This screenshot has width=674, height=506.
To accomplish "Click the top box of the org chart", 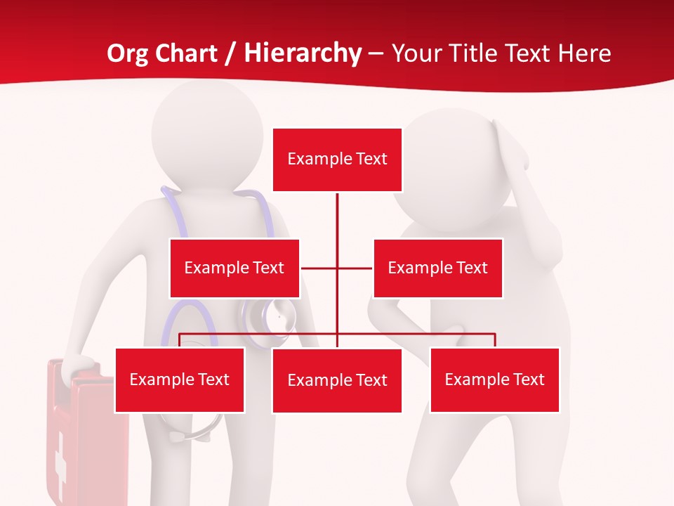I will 337,160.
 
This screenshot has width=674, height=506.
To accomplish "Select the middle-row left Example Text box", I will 234,268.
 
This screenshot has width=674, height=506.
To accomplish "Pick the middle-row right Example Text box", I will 437,268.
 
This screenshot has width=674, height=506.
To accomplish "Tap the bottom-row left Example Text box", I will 180,379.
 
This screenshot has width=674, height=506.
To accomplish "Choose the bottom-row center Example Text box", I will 337,380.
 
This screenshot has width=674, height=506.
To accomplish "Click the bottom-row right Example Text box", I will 494,379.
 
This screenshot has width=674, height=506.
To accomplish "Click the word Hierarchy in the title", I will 303,53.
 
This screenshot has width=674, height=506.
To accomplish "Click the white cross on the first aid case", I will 60,457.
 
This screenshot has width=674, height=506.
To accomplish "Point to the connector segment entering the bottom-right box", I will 495,340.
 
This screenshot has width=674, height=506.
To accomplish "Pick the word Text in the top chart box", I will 371,159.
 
